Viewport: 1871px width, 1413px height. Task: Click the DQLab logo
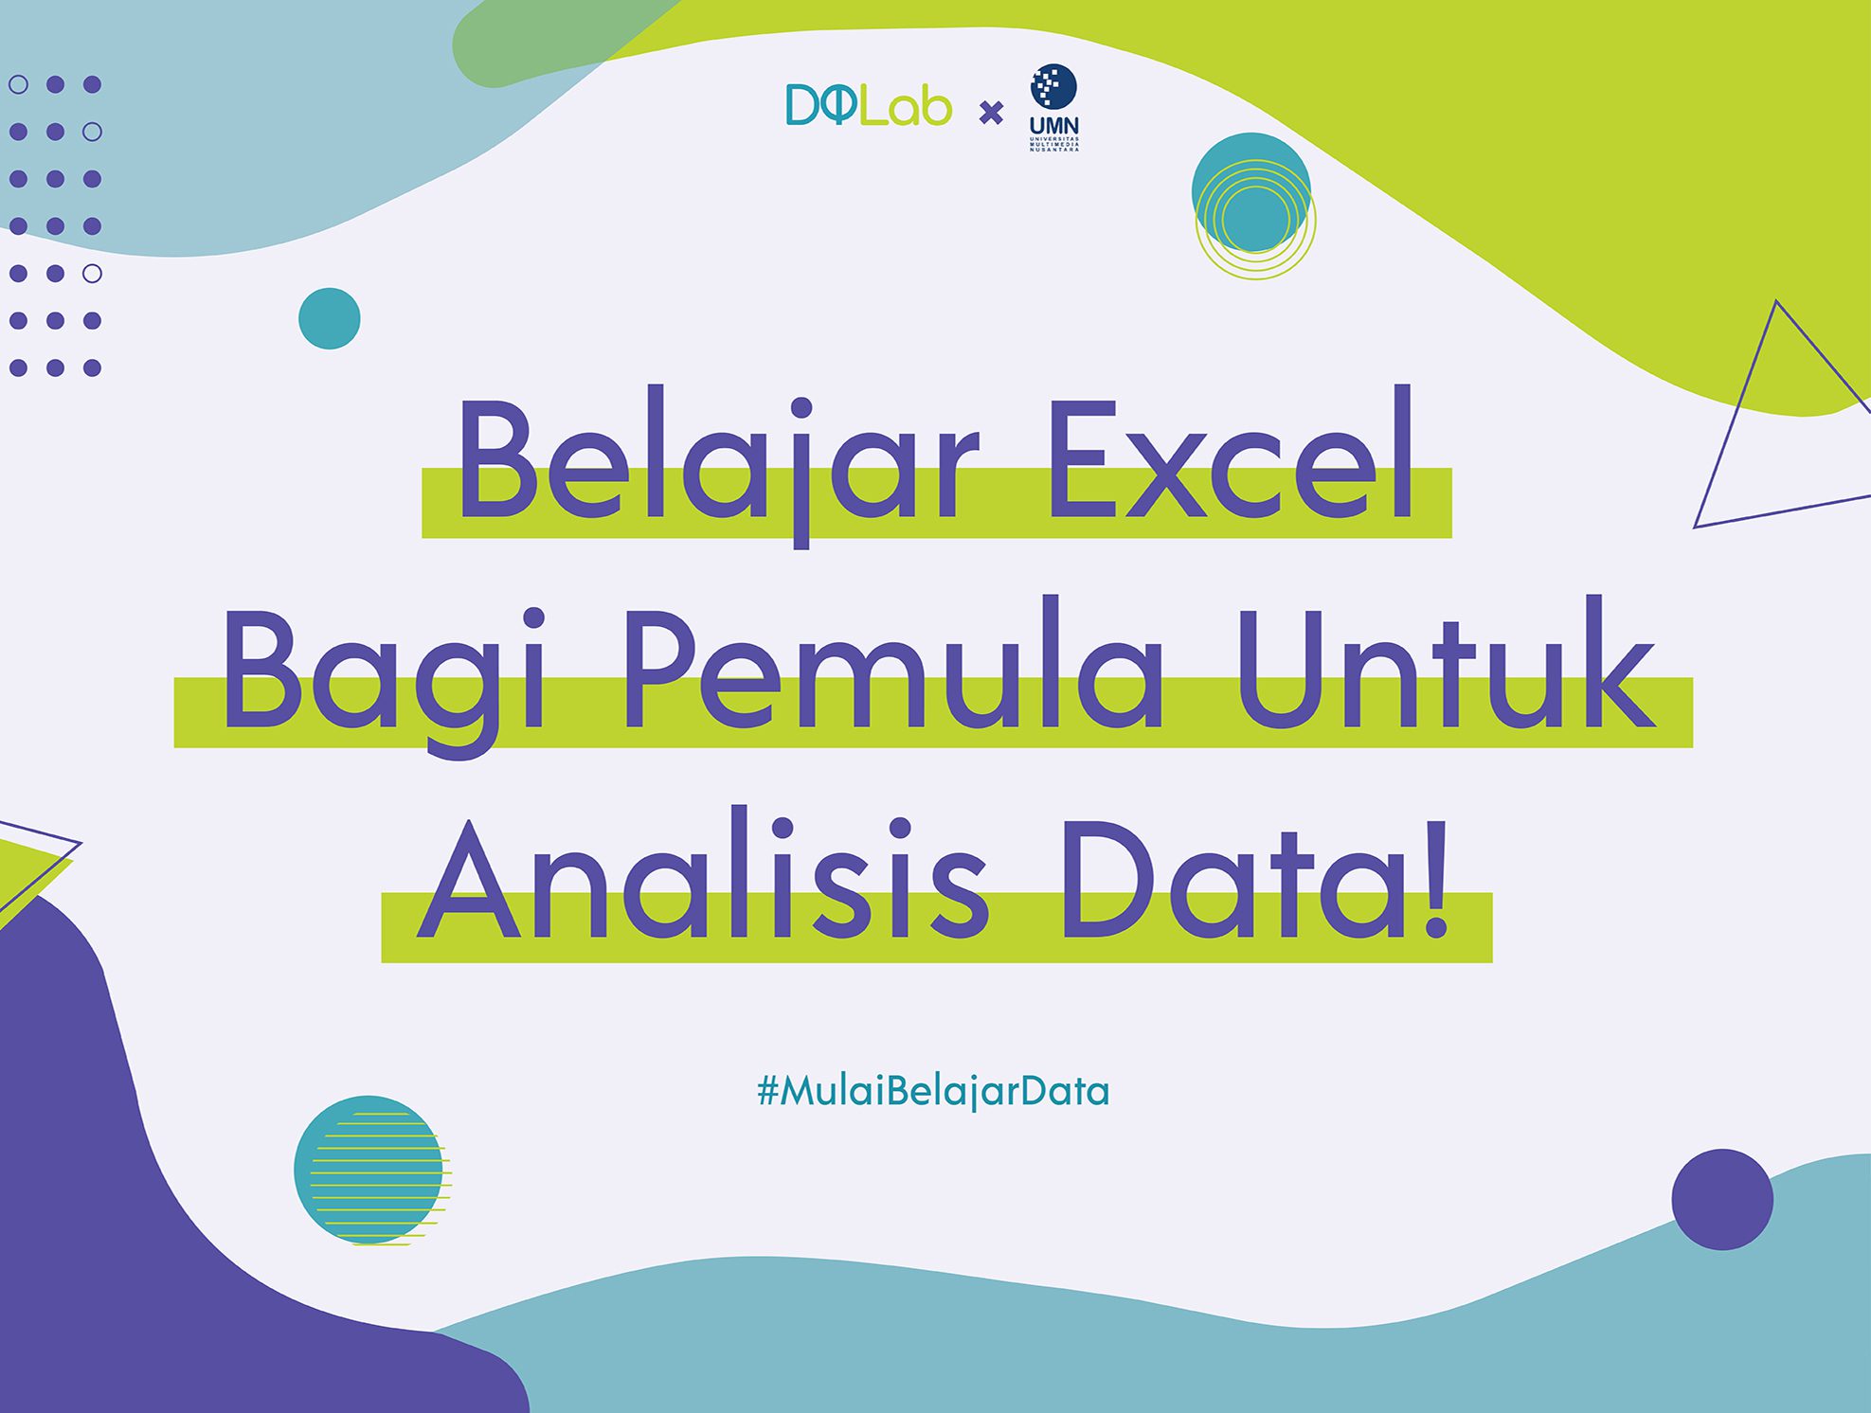click(x=869, y=105)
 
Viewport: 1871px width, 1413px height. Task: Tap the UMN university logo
click(x=1054, y=107)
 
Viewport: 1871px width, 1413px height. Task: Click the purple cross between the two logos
click(x=991, y=114)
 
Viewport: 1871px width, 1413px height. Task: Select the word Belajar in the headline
click(x=718, y=464)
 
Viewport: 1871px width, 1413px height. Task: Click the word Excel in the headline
click(x=1231, y=454)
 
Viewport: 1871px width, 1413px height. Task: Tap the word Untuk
click(x=1446, y=663)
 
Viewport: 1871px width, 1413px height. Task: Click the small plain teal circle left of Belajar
click(x=330, y=318)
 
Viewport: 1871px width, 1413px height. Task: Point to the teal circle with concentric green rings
click(x=1252, y=205)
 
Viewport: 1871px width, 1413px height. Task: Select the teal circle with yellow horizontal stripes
click(x=371, y=1171)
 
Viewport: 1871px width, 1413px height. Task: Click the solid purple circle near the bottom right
click(x=1722, y=1200)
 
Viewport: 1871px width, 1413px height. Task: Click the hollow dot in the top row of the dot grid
click(x=18, y=84)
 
